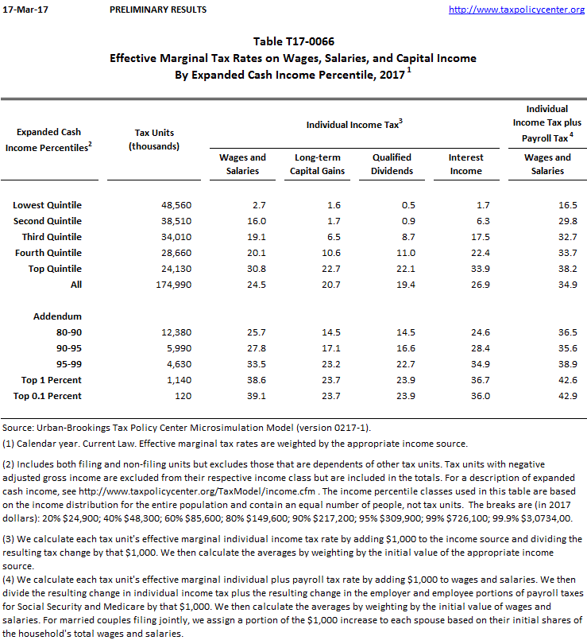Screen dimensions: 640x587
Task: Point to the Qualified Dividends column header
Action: [x=392, y=164]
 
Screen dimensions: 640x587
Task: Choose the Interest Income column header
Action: [x=465, y=164]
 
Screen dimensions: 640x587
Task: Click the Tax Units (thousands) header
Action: [x=154, y=139]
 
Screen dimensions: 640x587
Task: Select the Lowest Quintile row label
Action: [x=48, y=205]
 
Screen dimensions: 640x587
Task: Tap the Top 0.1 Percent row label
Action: [x=48, y=395]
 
